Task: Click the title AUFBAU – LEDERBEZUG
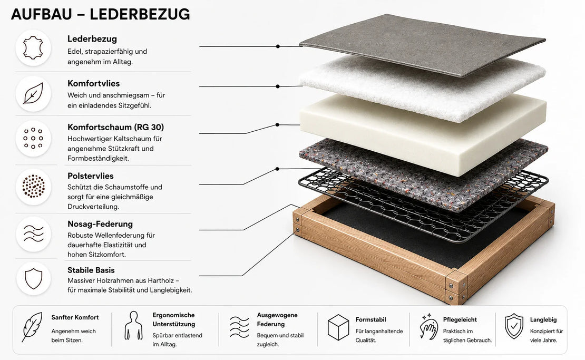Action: coord(100,14)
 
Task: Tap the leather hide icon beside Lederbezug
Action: coord(33,48)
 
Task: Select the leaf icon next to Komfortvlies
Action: coord(33,93)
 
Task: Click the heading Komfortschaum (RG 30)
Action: coord(115,127)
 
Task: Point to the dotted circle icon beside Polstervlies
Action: coord(34,186)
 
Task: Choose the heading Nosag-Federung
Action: coord(100,224)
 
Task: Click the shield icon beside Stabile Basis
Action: coord(34,278)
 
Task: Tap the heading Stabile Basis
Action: coord(91,270)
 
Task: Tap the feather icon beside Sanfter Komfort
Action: coord(32,327)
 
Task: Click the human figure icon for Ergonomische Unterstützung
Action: coord(133,326)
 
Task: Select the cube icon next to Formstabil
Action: coord(338,327)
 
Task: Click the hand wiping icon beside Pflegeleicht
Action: coord(429,327)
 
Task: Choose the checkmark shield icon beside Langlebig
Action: coord(514,326)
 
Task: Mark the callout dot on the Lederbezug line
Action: coord(278,46)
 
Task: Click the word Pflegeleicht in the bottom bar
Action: coord(460,320)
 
